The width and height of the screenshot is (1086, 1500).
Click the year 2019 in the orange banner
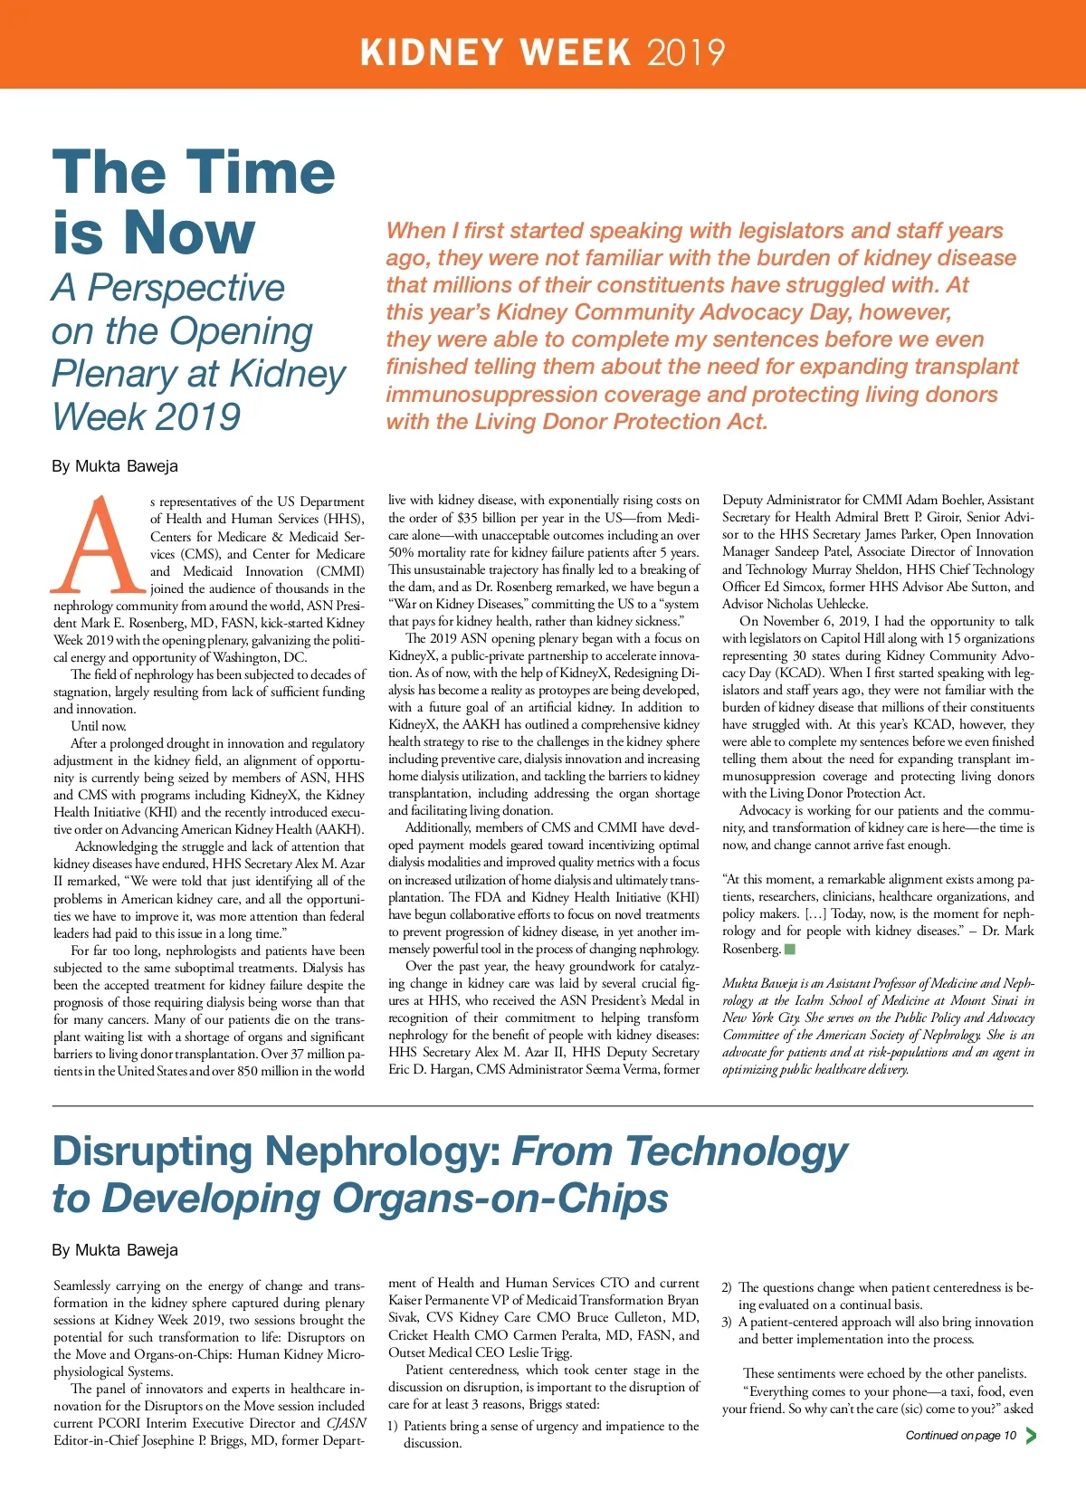(685, 52)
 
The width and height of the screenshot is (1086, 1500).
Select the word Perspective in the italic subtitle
(186, 288)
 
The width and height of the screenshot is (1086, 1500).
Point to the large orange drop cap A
(99, 544)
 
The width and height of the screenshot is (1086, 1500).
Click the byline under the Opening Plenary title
(115, 466)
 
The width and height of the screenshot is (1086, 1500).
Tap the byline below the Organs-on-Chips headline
(115, 1250)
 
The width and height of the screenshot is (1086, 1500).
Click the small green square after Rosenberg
(790, 949)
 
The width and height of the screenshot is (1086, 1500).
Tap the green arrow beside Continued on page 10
(1031, 1435)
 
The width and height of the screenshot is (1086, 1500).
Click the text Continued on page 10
(960, 1435)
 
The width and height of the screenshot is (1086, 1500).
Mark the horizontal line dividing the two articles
(543, 1106)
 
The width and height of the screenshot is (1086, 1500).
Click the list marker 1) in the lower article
(394, 1426)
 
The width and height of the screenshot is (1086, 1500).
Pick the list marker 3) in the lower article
(727, 1323)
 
